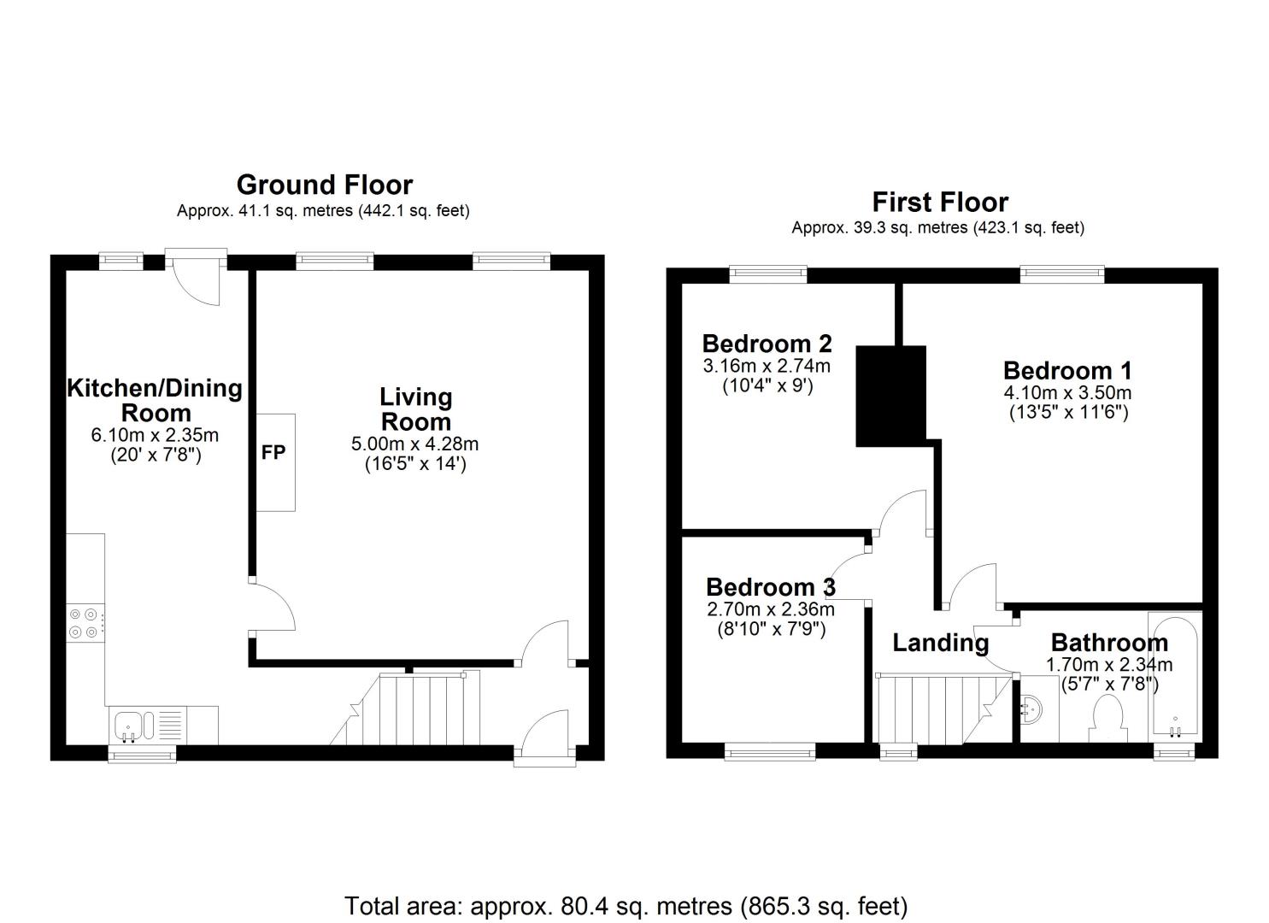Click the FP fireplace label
click(273, 453)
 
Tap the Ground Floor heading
click(325, 185)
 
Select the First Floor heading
click(940, 202)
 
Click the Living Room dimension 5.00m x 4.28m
click(414, 444)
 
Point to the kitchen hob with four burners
click(85, 623)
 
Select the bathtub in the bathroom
click(1175, 677)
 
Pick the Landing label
click(940, 643)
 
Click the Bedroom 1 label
click(1067, 371)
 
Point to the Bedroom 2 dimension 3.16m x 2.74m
click(767, 366)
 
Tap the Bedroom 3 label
click(771, 588)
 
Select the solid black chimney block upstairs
click(890, 396)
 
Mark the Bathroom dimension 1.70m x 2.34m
click(1108, 665)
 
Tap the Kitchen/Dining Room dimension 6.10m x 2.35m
click(155, 435)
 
